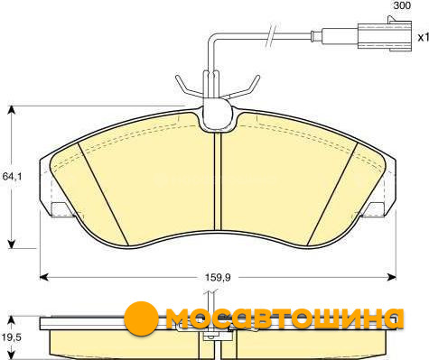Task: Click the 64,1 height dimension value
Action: (x=12, y=177)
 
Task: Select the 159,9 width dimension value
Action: (x=218, y=277)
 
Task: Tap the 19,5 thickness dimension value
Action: (x=12, y=337)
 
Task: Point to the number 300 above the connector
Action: (x=402, y=5)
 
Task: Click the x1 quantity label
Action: (x=423, y=37)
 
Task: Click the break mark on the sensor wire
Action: (x=271, y=35)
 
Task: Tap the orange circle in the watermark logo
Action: (x=141, y=318)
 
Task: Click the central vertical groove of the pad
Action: (x=218, y=181)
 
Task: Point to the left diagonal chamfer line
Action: (x=103, y=194)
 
